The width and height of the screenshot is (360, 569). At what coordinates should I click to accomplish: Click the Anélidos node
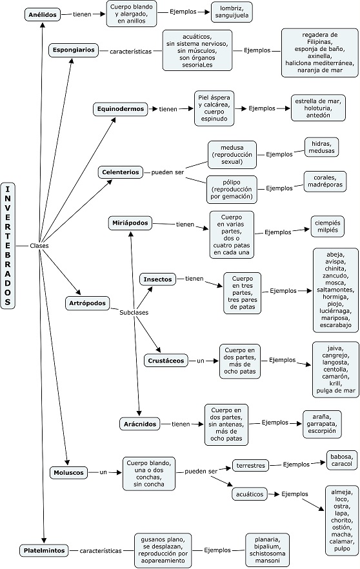click(43, 15)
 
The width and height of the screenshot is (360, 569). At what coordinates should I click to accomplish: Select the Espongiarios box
click(74, 50)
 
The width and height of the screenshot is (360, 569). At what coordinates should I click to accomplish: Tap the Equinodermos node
click(121, 109)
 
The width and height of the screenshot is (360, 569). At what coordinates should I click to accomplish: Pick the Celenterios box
click(121, 172)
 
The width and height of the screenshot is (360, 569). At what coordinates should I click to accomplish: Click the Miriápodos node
click(130, 223)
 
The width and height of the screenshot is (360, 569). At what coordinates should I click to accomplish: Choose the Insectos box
click(157, 279)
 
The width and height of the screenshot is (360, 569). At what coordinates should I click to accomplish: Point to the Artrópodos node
click(87, 303)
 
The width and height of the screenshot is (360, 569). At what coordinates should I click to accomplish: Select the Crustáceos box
click(166, 361)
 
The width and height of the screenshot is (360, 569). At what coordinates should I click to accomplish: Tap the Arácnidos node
click(140, 424)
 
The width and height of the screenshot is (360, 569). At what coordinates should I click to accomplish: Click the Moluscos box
click(68, 473)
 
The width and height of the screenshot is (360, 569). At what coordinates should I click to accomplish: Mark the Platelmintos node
click(44, 550)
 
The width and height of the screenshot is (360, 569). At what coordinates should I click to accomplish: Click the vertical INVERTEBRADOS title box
click(8, 246)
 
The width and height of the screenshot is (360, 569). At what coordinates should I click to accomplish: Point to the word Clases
click(39, 246)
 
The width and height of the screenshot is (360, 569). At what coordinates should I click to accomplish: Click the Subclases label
click(134, 312)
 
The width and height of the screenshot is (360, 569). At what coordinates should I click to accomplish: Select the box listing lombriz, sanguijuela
click(231, 12)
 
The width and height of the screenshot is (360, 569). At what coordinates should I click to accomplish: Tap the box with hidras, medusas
click(321, 147)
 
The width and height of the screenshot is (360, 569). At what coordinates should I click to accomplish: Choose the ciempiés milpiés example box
click(328, 226)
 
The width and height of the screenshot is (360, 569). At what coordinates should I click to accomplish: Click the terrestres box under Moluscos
click(251, 466)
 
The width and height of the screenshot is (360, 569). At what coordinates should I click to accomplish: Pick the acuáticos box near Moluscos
click(250, 494)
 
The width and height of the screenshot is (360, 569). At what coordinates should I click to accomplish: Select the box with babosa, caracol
click(341, 460)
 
